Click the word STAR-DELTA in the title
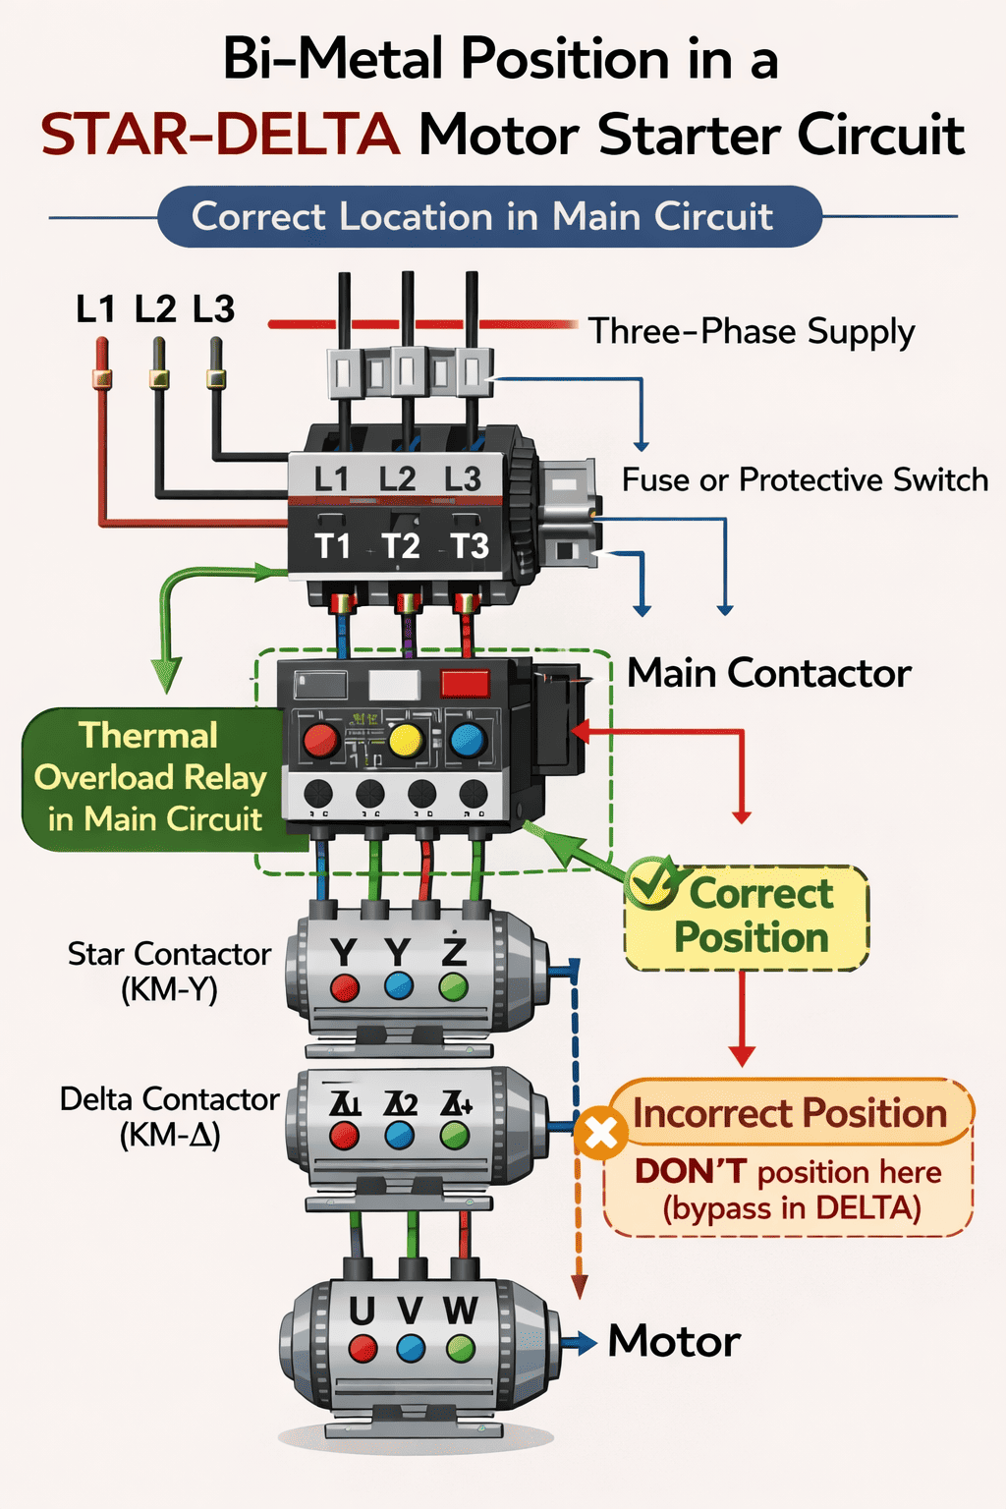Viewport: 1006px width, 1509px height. coord(220,135)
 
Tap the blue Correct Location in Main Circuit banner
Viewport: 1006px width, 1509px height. coord(488,216)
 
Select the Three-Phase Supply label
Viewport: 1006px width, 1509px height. coord(752,332)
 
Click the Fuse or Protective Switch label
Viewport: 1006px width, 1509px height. coord(805,480)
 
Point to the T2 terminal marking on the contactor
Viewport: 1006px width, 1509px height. coord(401,545)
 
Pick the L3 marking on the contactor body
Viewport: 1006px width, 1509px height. coord(462,479)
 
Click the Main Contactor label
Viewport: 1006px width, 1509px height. coord(769,674)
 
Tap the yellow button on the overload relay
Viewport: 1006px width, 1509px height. coord(406,739)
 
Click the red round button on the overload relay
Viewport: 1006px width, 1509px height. coord(321,740)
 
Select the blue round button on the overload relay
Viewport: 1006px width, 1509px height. coord(468,740)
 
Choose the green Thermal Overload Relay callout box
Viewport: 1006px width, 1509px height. coord(150,778)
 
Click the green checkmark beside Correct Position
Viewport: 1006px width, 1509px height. coord(651,881)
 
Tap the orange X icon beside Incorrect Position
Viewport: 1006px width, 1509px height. coord(601,1134)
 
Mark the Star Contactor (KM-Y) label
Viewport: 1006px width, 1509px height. coord(169,971)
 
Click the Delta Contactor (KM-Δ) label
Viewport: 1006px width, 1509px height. coord(169,1117)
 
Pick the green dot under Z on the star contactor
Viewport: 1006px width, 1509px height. coord(453,986)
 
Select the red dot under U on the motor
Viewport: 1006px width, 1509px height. coord(363,1348)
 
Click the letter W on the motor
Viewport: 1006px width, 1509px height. coord(460,1311)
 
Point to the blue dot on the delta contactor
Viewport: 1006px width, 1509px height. coord(399,1136)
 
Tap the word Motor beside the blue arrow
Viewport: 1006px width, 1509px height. coord(674,1342)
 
